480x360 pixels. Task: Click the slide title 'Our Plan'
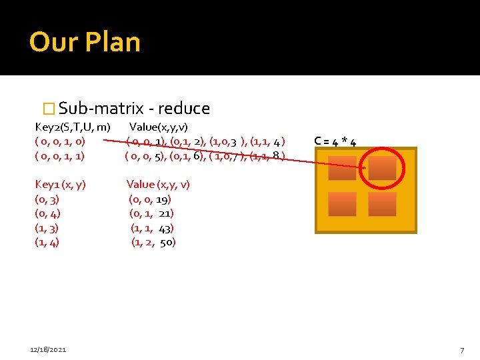[85, 42]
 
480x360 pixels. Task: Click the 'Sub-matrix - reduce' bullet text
[134, 109]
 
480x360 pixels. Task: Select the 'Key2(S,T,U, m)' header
[73, 127]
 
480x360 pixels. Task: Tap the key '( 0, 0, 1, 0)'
[60, 141]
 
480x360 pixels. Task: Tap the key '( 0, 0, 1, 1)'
[60, 156]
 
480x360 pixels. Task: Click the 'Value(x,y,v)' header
[159, 127]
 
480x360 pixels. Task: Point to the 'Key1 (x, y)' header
[60, 185]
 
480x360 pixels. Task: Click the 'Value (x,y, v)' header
[158, 185]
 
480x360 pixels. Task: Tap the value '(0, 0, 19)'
[150, 199]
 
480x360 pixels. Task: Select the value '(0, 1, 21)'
[151, 213]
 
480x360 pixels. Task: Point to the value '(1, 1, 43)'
[152, 228]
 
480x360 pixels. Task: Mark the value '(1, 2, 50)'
[153, 243]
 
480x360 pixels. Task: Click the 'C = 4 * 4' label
[335, 141]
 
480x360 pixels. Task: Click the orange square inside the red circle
[382, 168]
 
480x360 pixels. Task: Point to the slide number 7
[461, 350]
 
